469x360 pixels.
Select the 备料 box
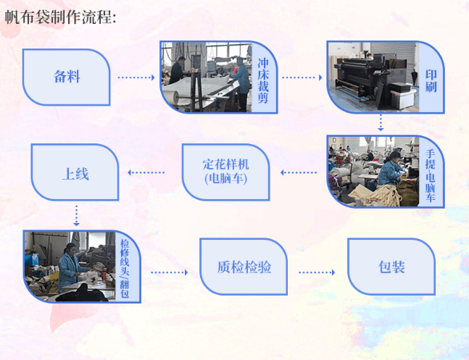[x=67, y=77]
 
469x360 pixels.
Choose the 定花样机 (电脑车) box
[x=225, y=172]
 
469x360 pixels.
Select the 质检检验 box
[x=244, y=267]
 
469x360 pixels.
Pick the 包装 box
[x=391, y=267]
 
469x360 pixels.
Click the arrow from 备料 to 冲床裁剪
[x=136, y=77]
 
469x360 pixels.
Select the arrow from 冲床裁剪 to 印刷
[x=302, y=77]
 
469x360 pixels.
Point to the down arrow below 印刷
[x=381, y=122]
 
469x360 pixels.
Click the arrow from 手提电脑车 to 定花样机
[x=299, y=172]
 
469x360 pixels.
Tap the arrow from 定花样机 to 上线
[x=146, y=172]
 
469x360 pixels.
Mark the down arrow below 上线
[x=76, y=215]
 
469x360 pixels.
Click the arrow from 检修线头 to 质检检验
[x=170, y=272]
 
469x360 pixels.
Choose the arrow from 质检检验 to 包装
[x=317, y=272]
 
